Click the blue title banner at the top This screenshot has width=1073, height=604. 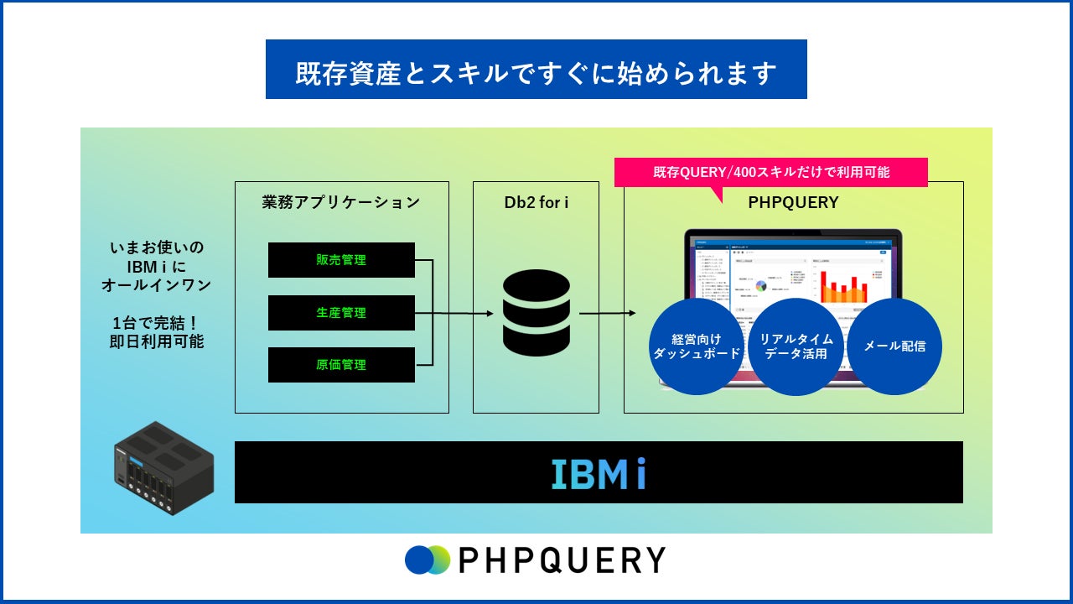(x=536, y=70)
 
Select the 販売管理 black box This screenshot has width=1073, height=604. (x=341, y=260)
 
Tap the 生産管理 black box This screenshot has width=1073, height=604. (x=341, y=313)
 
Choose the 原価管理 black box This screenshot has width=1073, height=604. (x=341, y=365)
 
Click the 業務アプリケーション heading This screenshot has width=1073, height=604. (x=341, y=202)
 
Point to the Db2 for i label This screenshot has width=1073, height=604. (x=536, y=202)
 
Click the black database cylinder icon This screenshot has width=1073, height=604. (x=536, y=313)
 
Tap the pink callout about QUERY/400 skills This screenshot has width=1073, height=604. (x=770, y=172)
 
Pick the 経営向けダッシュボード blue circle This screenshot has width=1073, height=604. (x=697, y=346)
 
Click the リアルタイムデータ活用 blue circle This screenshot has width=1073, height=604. (x=796, y=346)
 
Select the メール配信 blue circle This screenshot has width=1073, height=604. (x=894, y=346)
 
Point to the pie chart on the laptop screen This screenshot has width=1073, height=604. (x=761, y=287)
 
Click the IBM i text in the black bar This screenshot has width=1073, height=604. (x=599, y=473)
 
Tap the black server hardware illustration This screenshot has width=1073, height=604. (x=163, y=467)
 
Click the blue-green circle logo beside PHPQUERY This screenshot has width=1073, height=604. (x=427, y=560)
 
